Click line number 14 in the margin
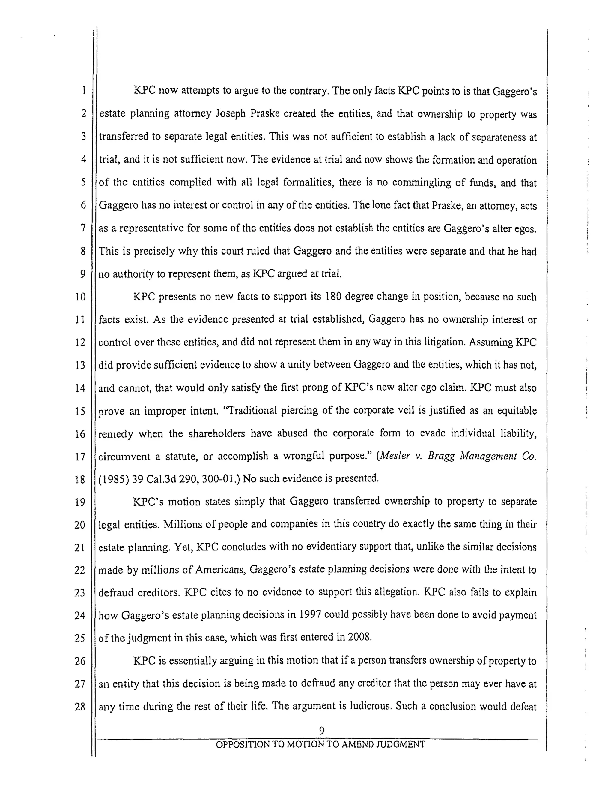(80, 388)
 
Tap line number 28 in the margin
(80, 707)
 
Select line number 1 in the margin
(84, 90)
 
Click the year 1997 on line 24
(310, 615)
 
